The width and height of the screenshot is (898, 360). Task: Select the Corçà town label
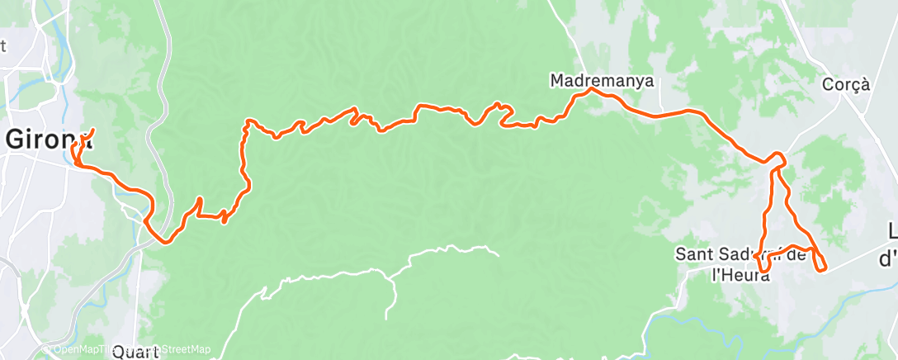tap(846, 84)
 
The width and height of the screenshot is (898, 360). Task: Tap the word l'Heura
tap(740, 276)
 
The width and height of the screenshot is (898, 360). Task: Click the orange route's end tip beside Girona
tap(92, 130)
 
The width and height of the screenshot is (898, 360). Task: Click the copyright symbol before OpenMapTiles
tap(46, 349)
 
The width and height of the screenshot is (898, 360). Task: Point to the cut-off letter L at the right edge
tap(892, 231)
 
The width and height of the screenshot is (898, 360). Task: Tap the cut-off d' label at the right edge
tap(888, 258)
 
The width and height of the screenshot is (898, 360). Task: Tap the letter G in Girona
tap(16, 139)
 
